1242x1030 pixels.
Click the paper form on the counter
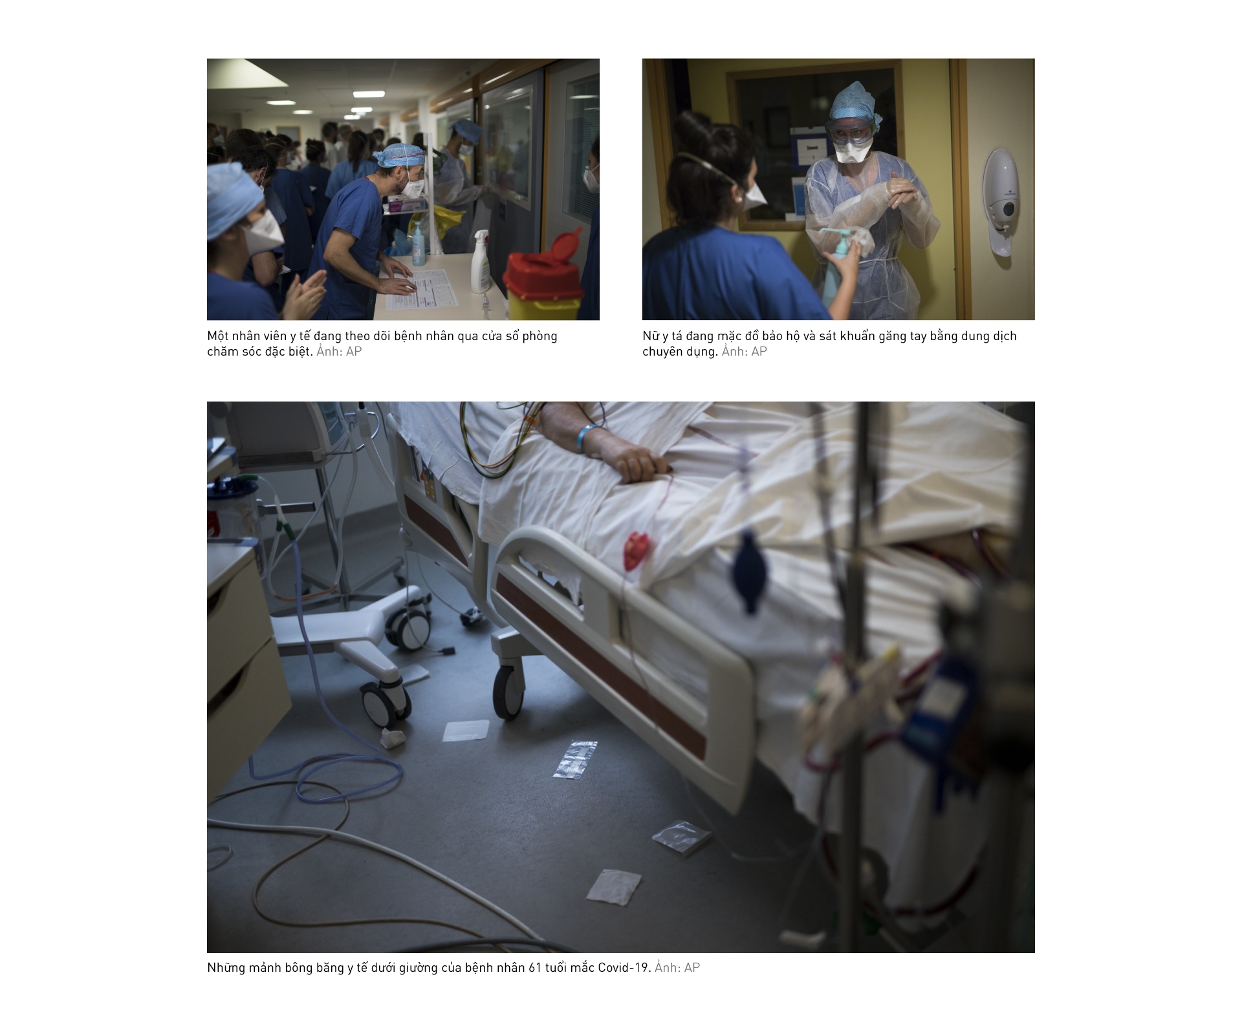421,289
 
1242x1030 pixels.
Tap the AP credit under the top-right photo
759,352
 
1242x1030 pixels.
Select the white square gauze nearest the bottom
614,886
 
